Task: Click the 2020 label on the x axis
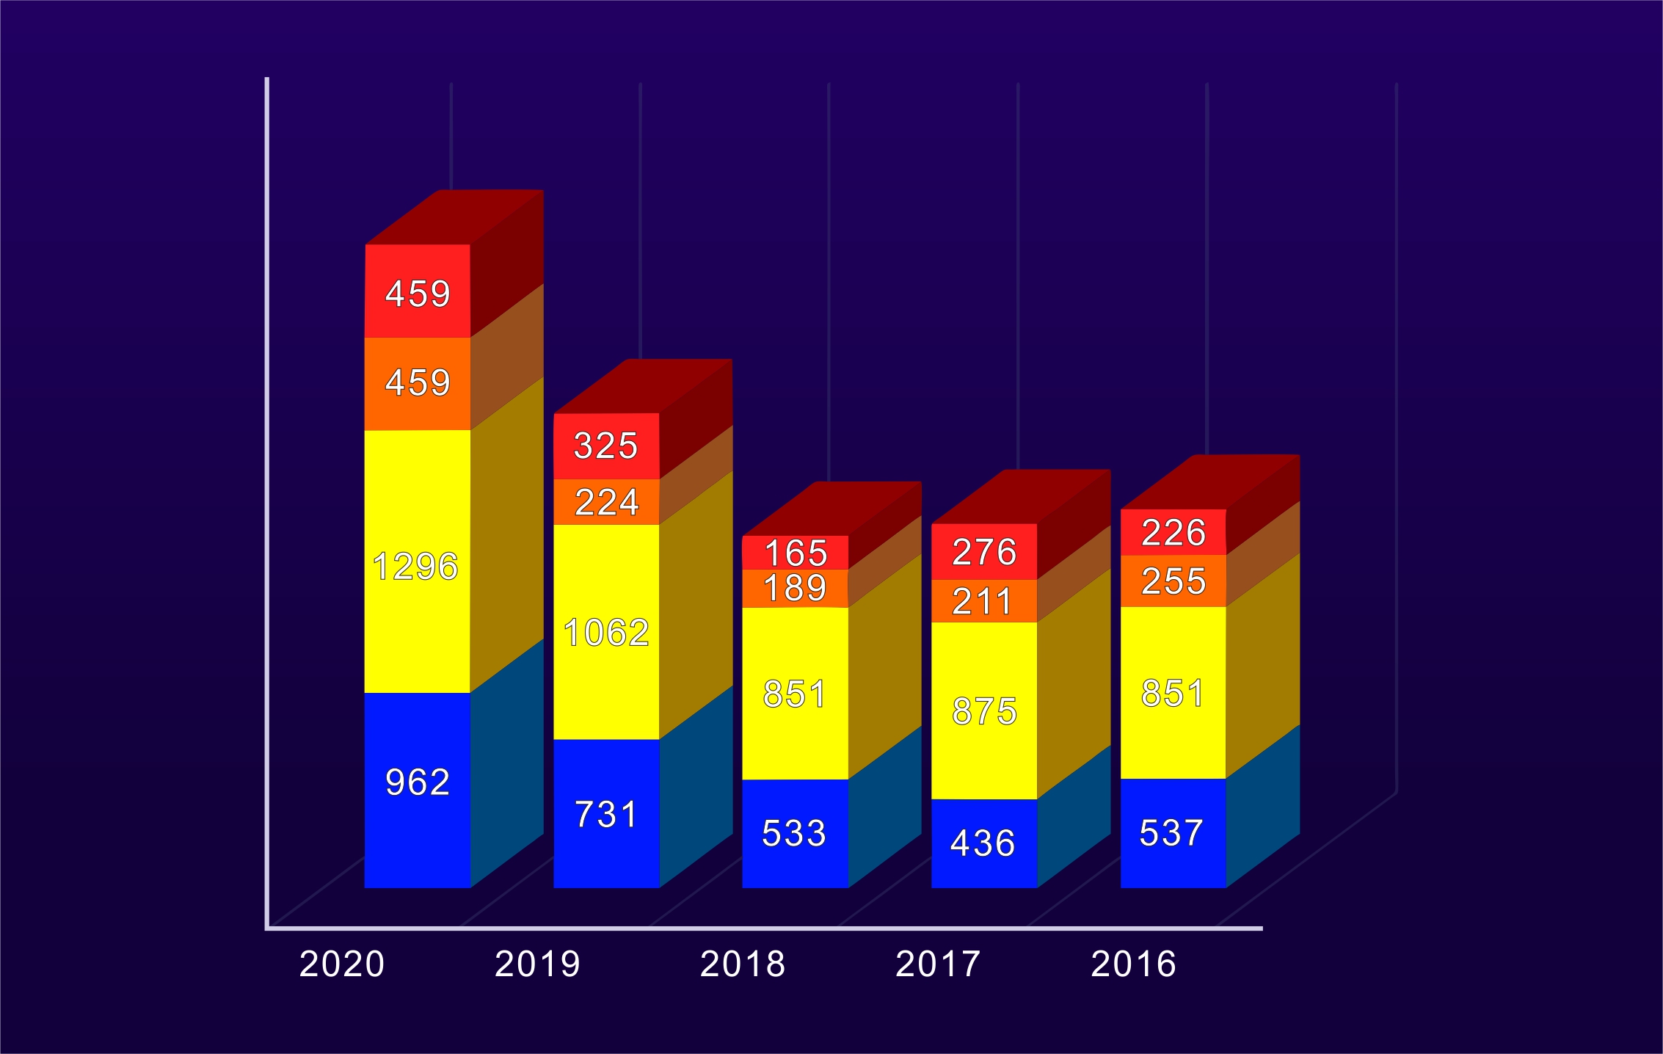pyautogui.click(x=342, y=964)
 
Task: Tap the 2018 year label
pyautogui.click(x=743, y=964)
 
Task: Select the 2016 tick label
pyautogui.click(x=1134, y=964)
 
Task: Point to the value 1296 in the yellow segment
pyautogui.click(x=415, y=567)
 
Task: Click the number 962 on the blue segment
pyautogui.click(x=418, y=782)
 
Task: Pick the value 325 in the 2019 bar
pyautogui.click(x=606, y=446)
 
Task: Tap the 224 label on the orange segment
pyautogui.click(x=607, y=502)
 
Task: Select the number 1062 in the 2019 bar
pyautogui.click(x=606, y=633)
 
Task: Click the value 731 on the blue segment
pyautogui.click(x=606, y=814)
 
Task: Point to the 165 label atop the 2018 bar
pyautogui.click(x=796, y=553)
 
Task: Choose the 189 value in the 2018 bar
pyautogui.click(x=795, y=588)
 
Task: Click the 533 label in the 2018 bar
pyautogui.click(x=794, y=833)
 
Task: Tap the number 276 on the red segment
pyautogui.click(x=985, y=552)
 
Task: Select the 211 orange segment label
pyautogui.click(x=982, y=602)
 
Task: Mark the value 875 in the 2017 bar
pyautogui.click(x=985, y=711)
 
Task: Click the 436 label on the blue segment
pyautogui.click(x=983, y=843)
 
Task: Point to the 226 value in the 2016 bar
pyautogui.click(x=1173, y=532)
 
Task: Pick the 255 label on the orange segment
pyautogui.click(x=1173, y=581)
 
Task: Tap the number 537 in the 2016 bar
pyautogui.click(x=1171, y=833)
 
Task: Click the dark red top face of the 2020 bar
pyautogui.click(x=455, y=217)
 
